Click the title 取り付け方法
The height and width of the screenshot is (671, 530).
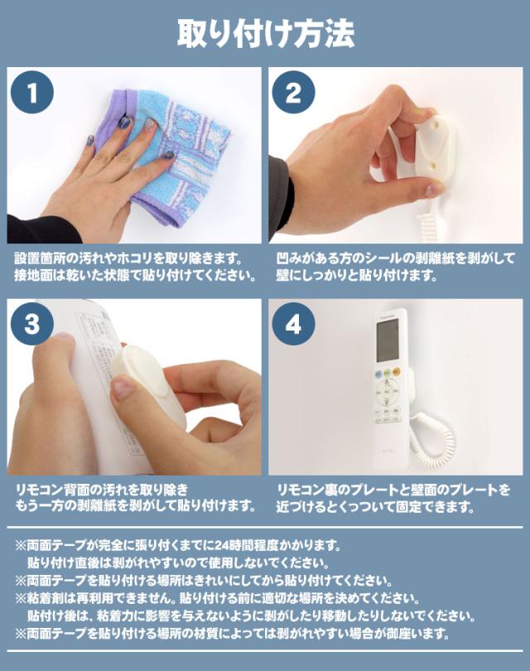pyautogui.click(x=265, y=33)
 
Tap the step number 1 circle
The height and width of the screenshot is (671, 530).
pyautogui.click(x=32, y=93)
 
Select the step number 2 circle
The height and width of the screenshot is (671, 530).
pyautogui.click(x=293, y=93)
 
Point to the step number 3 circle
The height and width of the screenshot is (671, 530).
pyautogui.click(x=32, y=324)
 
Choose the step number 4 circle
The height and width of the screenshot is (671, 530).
pyautogui.click(x=293, y=324)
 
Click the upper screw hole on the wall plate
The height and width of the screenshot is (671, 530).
pyautogui.click(x=437, y=124)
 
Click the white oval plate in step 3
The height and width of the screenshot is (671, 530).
pyautogui.click(x=147, y=383)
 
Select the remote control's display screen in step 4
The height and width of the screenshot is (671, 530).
pyautogui.click(x=389, y=340)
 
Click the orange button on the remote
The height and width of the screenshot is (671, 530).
pyautogui.click(x=397, y=371)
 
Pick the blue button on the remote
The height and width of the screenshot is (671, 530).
pyautogui.click(x=378, y=374)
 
